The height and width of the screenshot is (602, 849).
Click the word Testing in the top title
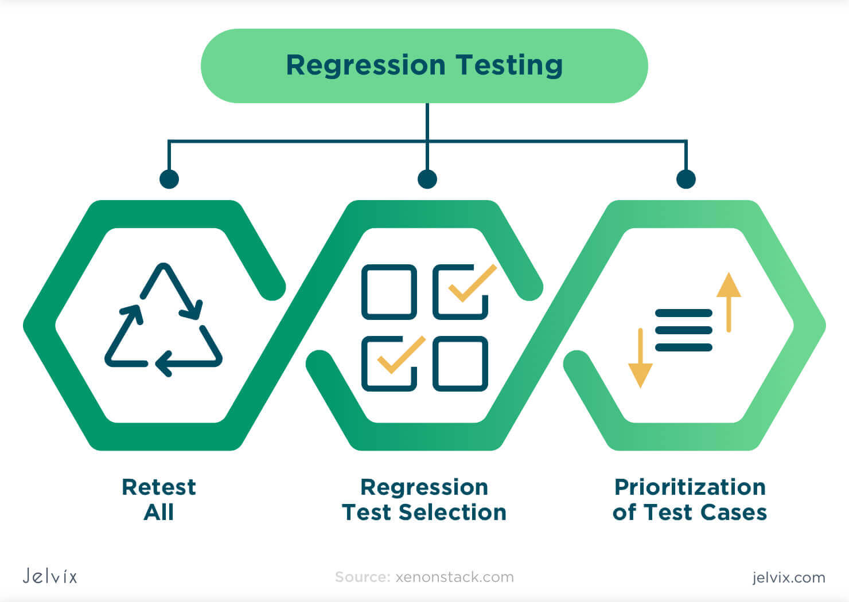coord(509,65)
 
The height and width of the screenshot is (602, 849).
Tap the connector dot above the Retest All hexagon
coord(169,179)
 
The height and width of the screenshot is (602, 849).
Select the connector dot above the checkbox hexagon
coord(427,179)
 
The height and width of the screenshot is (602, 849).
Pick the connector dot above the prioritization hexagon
coord(686,179)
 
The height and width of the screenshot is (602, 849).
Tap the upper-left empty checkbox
coord(389,292)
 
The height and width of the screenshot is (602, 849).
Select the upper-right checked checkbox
coord(461,292)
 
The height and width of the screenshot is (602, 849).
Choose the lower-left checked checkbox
coord(389,363)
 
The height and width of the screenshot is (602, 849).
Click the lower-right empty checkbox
coord(461,363)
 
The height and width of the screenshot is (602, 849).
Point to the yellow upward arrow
coord(729,301)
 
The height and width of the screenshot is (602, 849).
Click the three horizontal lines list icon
coord(683,330)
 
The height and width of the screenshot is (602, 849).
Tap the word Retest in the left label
coord(159,487)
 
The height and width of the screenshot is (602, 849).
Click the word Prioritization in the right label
coord(690,487)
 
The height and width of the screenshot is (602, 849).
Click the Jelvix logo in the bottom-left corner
coord(50,576)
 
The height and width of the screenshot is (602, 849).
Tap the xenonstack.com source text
coord(454,577)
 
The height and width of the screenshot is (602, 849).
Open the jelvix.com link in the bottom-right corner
coord(789,577)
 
